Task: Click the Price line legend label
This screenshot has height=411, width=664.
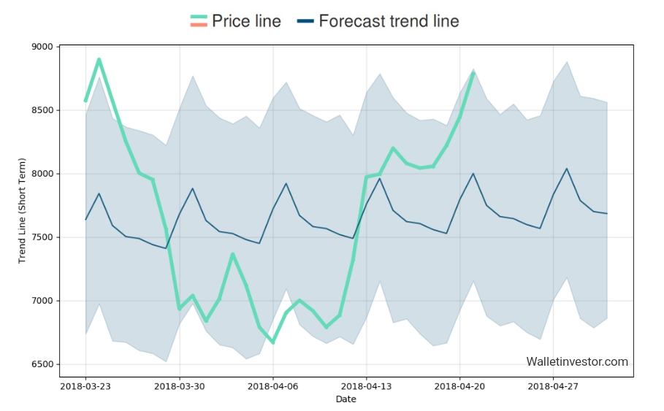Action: coord(246,21)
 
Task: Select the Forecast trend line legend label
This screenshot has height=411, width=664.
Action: coord(389,21)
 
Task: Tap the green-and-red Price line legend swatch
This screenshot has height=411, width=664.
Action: coord(198,21)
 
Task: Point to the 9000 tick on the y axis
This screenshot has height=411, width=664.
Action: coord(43,47)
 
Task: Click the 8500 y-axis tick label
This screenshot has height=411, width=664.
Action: coord(43,110)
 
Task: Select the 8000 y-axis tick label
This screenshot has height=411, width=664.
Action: coord(43,174)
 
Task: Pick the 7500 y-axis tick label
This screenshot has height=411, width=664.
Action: coord(43,237)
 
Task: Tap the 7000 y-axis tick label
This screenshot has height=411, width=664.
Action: coord(43,301)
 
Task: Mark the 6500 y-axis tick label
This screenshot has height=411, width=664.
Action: coord(43,364)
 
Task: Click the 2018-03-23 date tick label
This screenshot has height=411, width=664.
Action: coord(85,386)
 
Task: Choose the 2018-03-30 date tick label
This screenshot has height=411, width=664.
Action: coord(179,386)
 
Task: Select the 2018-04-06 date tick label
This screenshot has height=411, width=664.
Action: coord(272,386)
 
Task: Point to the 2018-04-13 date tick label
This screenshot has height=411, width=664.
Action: coord(366,386)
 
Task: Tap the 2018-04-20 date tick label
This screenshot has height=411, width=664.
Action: coord(459,386)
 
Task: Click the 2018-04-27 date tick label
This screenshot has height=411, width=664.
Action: coord(553,386)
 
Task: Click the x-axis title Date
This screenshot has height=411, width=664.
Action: coord(346,399)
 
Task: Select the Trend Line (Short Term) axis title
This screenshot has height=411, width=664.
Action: coord(22,210)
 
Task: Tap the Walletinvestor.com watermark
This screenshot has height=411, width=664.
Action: coord(576,361)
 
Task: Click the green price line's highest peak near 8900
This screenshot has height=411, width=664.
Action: coord(99,59)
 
